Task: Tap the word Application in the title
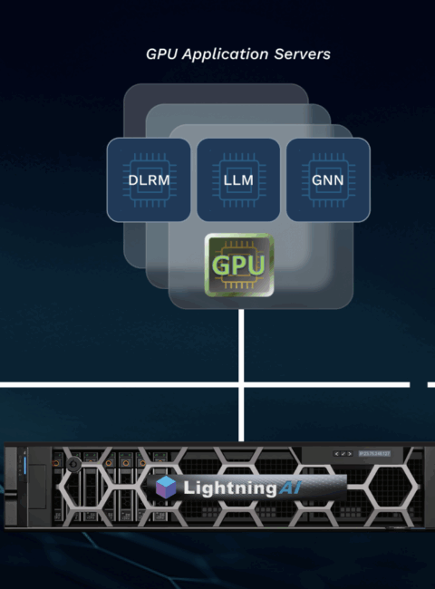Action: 225,55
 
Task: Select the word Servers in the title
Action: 302,54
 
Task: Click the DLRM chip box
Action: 149,180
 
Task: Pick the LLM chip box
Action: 238,180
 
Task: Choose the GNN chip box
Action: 328,180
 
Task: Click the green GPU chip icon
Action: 239,265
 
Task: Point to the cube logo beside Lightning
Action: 166,488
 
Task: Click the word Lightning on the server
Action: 230,488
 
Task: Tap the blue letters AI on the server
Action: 290,488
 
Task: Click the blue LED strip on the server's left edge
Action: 25,466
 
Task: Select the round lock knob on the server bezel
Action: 73,464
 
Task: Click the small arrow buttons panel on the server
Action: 343,454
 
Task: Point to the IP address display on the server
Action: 374,454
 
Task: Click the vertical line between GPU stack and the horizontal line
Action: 241,345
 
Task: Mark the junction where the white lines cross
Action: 241,384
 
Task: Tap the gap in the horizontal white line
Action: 419,384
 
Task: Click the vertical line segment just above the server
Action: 241,414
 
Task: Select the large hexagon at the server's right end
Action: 392,487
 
